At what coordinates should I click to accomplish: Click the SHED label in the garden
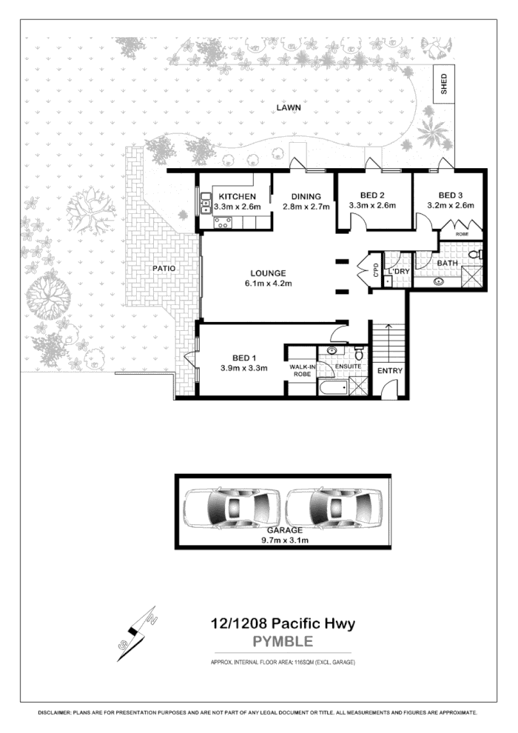coord(444,83)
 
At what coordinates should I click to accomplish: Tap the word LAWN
coord(287,107)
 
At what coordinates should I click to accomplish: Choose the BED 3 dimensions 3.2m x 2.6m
coord(450,206)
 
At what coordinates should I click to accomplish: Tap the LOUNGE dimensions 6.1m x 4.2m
coord(269,284)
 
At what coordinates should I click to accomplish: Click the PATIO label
coord(164,268)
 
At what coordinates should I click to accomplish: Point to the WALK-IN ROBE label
coord(302,370)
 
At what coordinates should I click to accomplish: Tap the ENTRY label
coord(389,370)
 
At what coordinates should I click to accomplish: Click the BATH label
coord(447,264)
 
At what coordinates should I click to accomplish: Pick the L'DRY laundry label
coord(399,272)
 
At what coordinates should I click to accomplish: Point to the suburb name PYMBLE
coord(283,641)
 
